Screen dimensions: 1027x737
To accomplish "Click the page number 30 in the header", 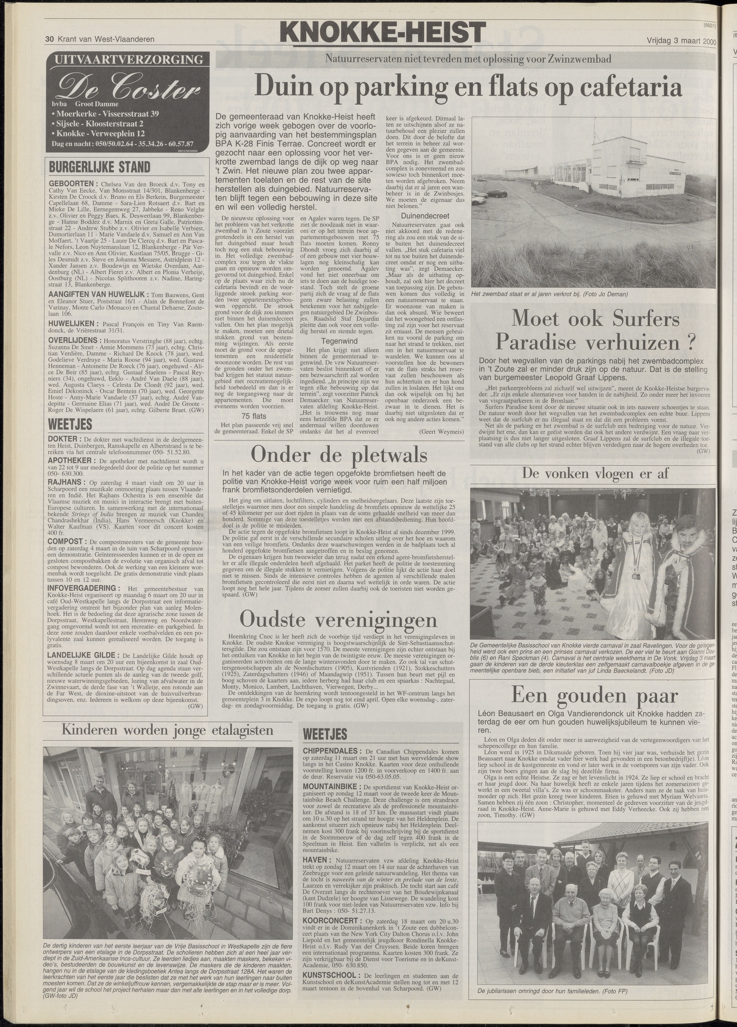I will click(49, 39).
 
